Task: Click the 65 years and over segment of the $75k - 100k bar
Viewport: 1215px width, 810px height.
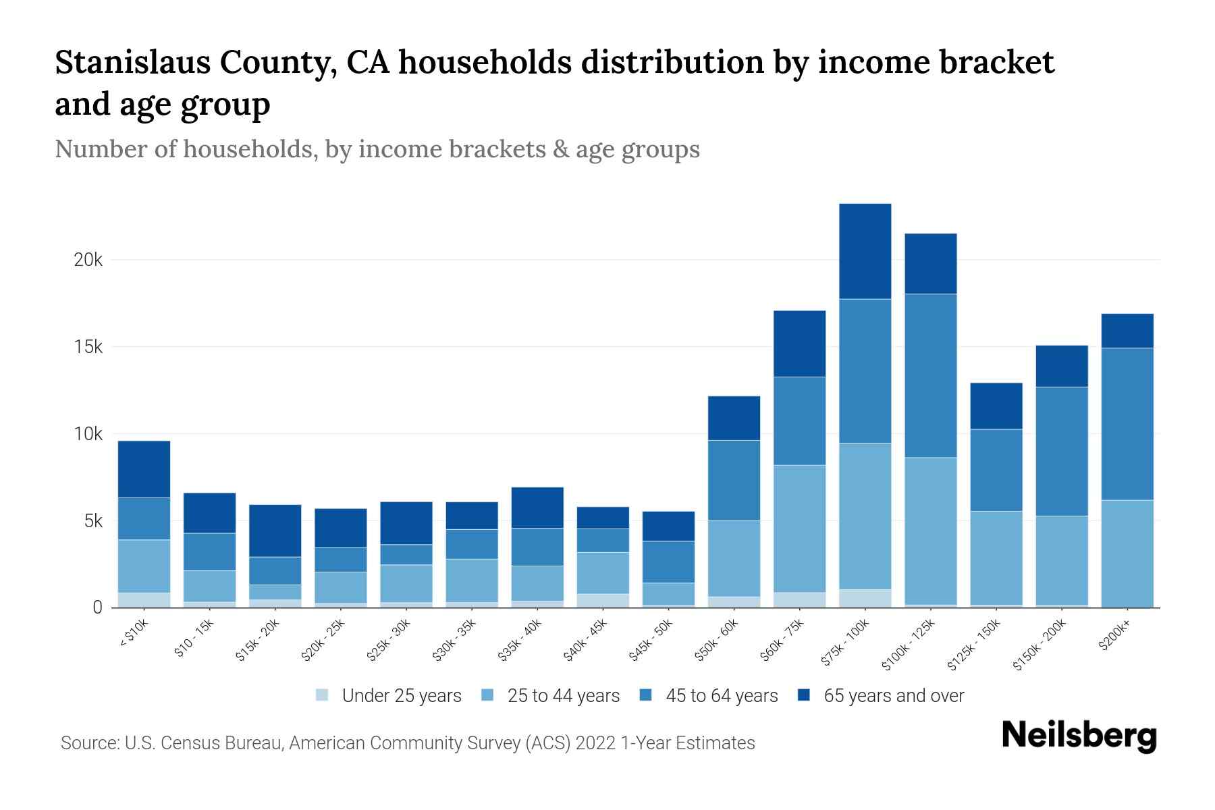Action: click(865, 251)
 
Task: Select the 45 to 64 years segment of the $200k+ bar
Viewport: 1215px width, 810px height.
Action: click(1127, 424)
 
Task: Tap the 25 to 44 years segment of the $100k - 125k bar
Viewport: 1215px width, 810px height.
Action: click(930, 531)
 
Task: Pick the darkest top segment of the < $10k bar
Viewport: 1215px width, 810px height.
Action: click(144, 469)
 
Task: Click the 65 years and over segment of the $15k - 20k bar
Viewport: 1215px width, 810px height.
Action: click(275, 531)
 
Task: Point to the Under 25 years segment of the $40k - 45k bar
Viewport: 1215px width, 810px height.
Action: click(603, 600)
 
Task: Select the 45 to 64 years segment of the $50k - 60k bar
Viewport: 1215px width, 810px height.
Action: click(734, 480)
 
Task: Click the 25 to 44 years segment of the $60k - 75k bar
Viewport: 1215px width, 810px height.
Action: click(799, 529)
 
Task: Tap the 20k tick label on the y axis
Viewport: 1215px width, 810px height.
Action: click(88, 260)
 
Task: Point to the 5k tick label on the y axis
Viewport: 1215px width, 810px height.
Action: click(92, 521)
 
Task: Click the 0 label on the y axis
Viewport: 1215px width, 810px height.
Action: click(97, 607)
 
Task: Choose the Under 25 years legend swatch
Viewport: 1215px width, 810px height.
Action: click(322, 695)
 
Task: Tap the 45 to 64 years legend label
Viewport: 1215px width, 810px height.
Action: click(722, 696)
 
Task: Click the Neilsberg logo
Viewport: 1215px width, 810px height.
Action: click(1079, 736)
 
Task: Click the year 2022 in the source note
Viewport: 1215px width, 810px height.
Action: click(596, 743)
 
